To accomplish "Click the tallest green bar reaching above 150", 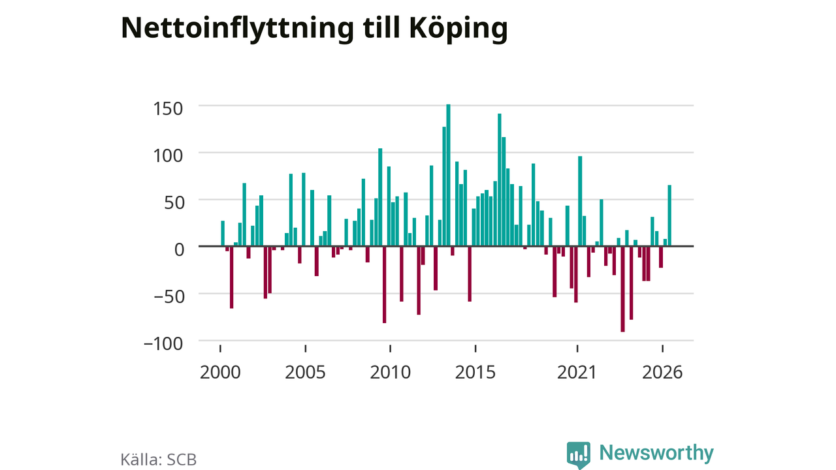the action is pos(448,175).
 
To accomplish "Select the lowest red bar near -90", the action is pos(622,289).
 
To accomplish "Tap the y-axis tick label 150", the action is pos(168,109).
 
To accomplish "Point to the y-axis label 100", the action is pos(168,156).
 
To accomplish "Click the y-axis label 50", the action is pos(174,203).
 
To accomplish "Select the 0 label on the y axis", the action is pos(180,250).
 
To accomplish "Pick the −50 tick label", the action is pos(169,297).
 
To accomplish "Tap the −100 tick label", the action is pos(163,344).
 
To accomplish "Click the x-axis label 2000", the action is pos(220,372).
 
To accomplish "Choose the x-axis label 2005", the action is pos(305,372).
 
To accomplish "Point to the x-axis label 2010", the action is pos(391,372).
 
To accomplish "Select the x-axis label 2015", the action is pos(475,372).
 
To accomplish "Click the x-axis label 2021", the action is pos(577,372).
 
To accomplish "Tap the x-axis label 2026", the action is pos(662,372).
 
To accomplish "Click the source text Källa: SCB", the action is pos(159,460).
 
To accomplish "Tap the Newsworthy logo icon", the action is pos(579,455).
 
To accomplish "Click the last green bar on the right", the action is pos(669,215).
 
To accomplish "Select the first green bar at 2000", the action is pos(223,234).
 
